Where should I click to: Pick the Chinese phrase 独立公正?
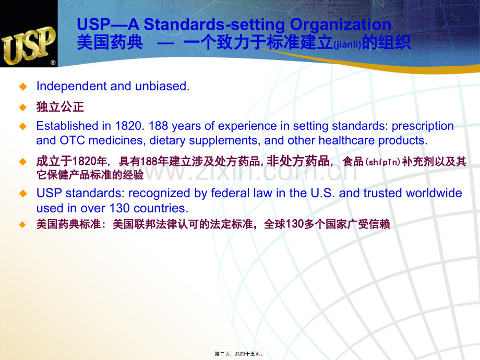60,107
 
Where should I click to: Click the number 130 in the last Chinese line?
289,225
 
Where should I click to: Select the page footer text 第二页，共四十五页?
239,353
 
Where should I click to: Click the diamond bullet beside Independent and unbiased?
22,86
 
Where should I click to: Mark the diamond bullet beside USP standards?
22,193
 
